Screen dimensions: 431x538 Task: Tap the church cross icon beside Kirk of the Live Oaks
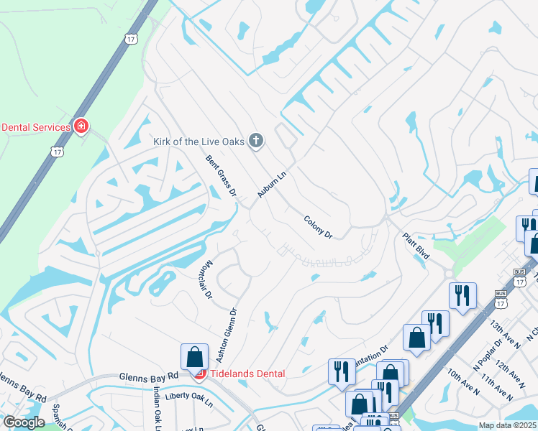pos(255,141)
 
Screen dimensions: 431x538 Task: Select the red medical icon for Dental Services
pos(81,127)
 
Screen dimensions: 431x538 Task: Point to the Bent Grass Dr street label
pos(222,175)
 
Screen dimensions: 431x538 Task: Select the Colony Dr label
pos(318,228)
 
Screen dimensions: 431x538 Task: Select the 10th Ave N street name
pos(463,382)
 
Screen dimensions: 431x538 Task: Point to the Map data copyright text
pos(508,425)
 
